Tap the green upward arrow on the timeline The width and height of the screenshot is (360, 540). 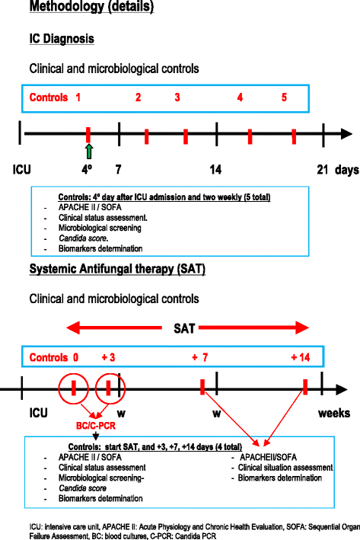[x=88, y=150]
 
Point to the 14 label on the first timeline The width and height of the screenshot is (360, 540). [x=216, y=169]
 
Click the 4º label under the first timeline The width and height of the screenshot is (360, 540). [x=88, y=169]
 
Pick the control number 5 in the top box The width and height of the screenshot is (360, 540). [x=284, y=97]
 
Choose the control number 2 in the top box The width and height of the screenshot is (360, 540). [x=138, y=97]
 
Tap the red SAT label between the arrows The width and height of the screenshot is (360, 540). [x=183, y=329]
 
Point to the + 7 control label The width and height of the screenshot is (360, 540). [x=201, y=358]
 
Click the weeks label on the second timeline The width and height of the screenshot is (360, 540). [x=334, y=414]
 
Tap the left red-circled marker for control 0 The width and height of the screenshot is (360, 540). [x=74, y=388]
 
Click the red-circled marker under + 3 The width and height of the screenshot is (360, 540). [x=109, y=388]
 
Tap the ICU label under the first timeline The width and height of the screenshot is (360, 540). [x=22, y=169]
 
